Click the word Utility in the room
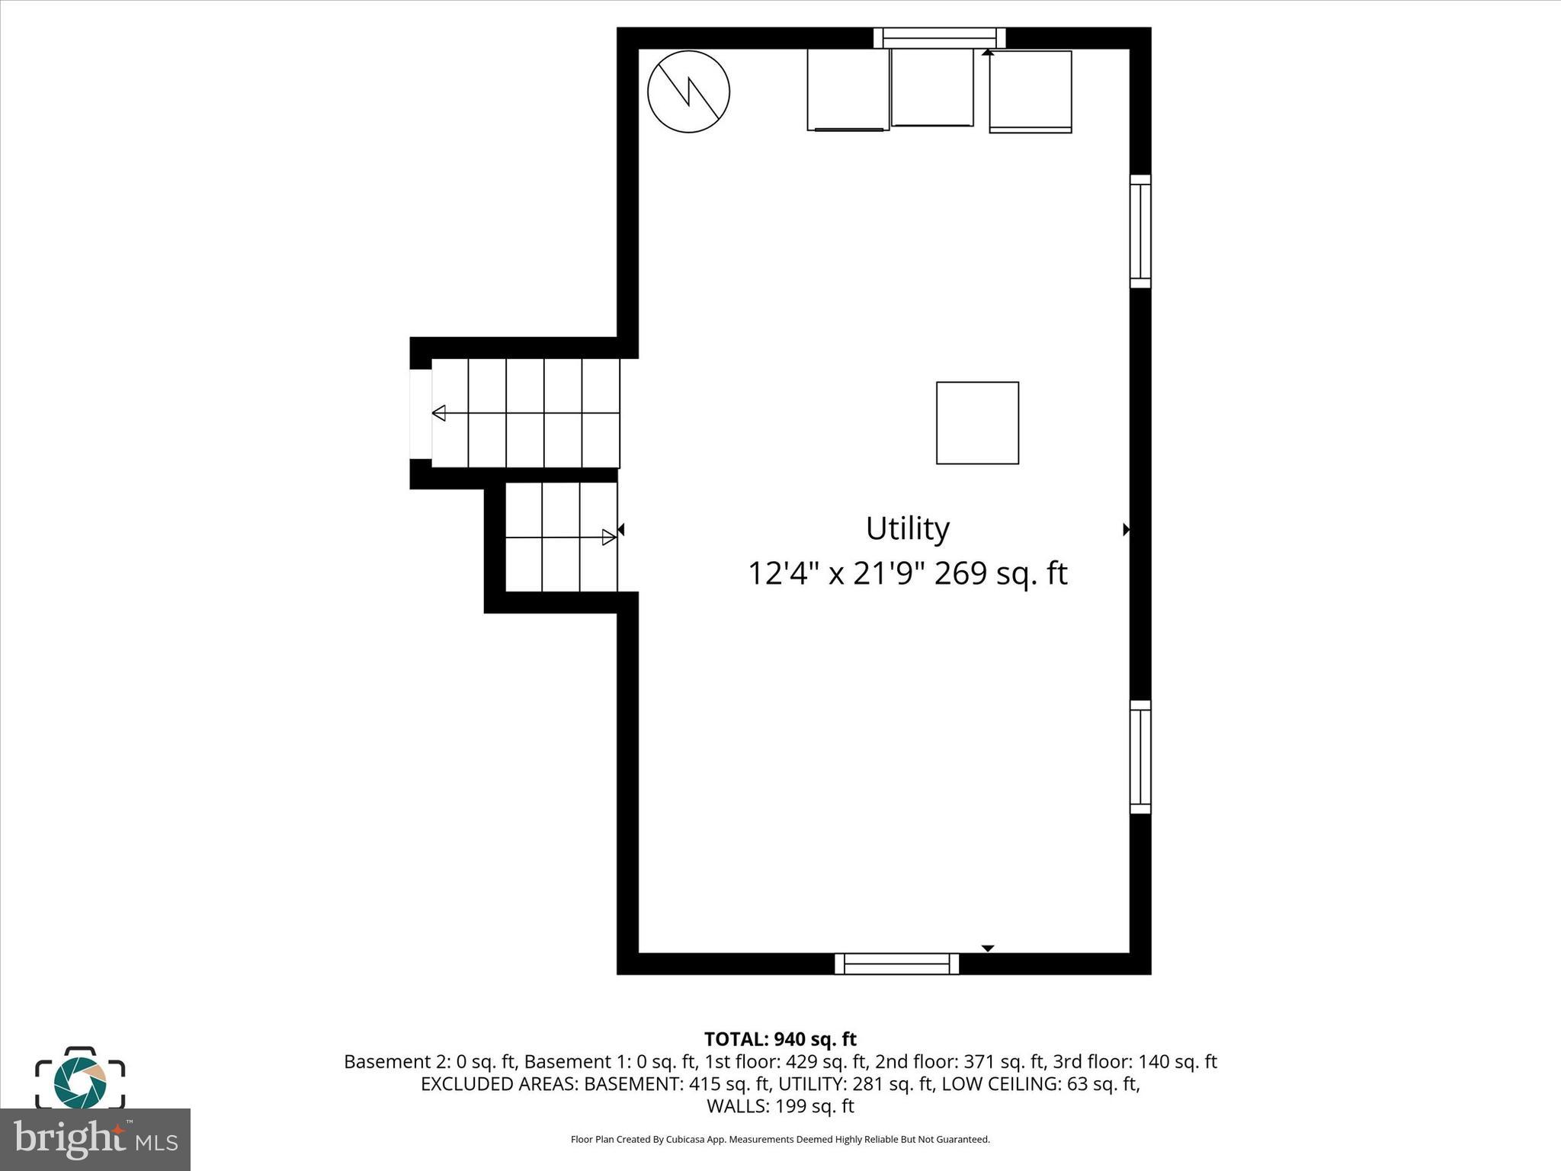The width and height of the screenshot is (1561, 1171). pyautogui.click(x=907, y=528)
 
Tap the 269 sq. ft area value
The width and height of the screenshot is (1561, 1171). pyautogui.click(x=1000, y=573)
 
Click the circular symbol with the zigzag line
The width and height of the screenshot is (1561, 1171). pyautogui.click(x=688, y=91)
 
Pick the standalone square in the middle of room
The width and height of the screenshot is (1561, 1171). pyautogui.click(x=977, y=422)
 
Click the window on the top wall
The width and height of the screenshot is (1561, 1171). pyautogui.click(x=939, y=37)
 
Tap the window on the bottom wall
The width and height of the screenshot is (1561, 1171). pyautogui.click(x=896, y=964)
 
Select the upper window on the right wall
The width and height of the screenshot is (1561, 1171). pyautogui.click(x=1139, y=231)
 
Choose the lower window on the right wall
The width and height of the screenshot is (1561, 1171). pyautogui.click(x=1139, y=757)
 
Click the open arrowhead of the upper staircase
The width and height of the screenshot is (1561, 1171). pyautogui.click(x=439, y=413)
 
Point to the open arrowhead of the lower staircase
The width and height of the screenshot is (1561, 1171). pyautogui.click(x=608, y=537)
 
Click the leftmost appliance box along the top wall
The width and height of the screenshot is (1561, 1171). pyautogui.click(x=848, y=90)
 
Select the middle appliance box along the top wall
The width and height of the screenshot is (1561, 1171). pyautogui.click(x=932, y=87)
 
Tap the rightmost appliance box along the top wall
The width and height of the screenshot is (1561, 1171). pyautogui.click(x=1031, y=91)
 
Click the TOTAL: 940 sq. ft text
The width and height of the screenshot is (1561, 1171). pyautogui.click(x=780, y=1039)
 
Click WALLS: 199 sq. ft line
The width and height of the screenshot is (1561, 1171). pyautogui.click(x=780, y=1105)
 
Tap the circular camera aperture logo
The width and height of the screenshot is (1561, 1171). pyautogui.click(x=80, y=1082)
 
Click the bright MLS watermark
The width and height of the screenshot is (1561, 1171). pyautogui.click(x=95, y=1139)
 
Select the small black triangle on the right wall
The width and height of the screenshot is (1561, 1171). pyautogui.click(x=1126, y=529)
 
